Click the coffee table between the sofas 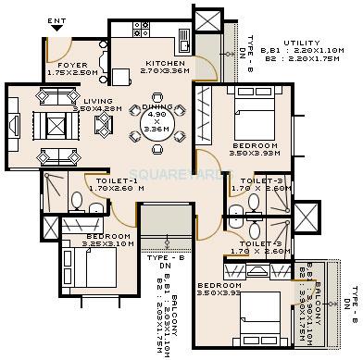[x=50, y=122]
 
